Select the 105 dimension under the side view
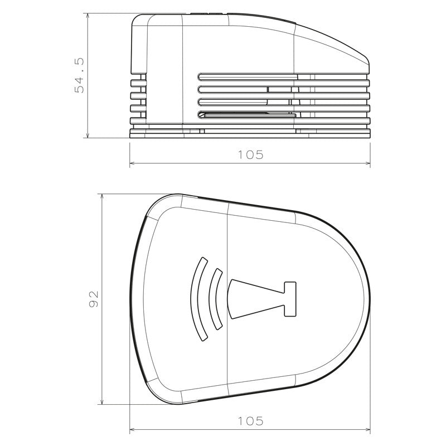pyautogui.click(x=250, y=155)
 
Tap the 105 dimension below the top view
pyautogui.click(x=250, y=421)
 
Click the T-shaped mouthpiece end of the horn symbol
pyautogui.click(x=289, y=299)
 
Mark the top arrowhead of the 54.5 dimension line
pyautogui.click(x=88, y=17)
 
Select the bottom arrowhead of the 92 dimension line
pyautogui.click(x=101, y=401)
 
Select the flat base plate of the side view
pyautogui.click(x=250, y=134)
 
